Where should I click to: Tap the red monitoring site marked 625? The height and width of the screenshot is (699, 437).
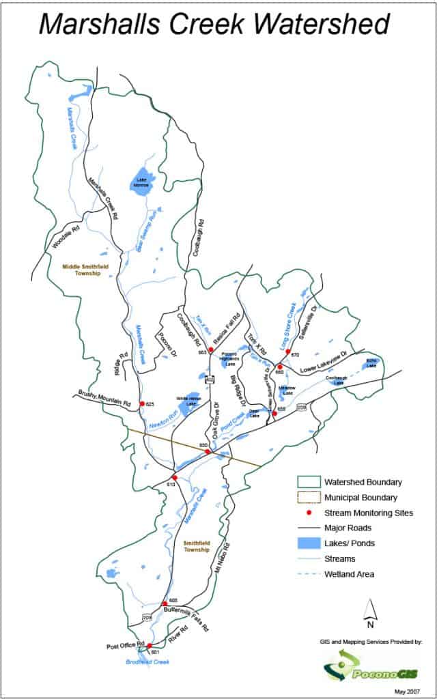click(142, 404)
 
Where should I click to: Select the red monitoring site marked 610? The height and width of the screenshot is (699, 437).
click(175, 477)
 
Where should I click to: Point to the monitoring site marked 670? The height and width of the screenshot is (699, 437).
click(288, 352)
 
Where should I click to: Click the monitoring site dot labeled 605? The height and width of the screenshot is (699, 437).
click(164, 603)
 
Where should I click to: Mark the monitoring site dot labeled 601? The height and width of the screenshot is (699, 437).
click(150, 645)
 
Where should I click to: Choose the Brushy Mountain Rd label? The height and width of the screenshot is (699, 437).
click(102, 400)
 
